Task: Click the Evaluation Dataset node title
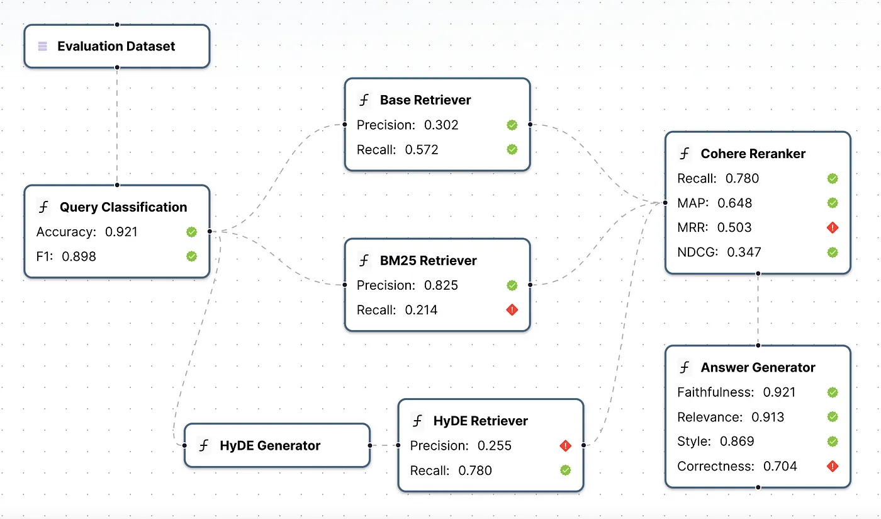pos(116,46)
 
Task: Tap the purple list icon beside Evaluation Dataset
pos(42,46)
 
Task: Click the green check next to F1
pos(191,256)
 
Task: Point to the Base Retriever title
pos(425,100)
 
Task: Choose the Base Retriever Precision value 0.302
pos(441,125)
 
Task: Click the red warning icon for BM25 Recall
pos(512,310)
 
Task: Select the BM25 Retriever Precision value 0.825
pos(441,285)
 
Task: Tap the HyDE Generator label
pos(270,446)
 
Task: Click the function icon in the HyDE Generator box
pos(204,446)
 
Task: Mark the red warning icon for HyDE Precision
pos(565,446)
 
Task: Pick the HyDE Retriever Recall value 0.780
pos(474,471)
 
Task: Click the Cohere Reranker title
pos(753,154)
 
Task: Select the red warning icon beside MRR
pos(833,227)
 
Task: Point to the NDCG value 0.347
pos(744,253)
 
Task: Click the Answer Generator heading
pos(758,368)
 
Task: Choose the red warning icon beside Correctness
pos(833,466)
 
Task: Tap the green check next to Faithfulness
pos(833,392)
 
